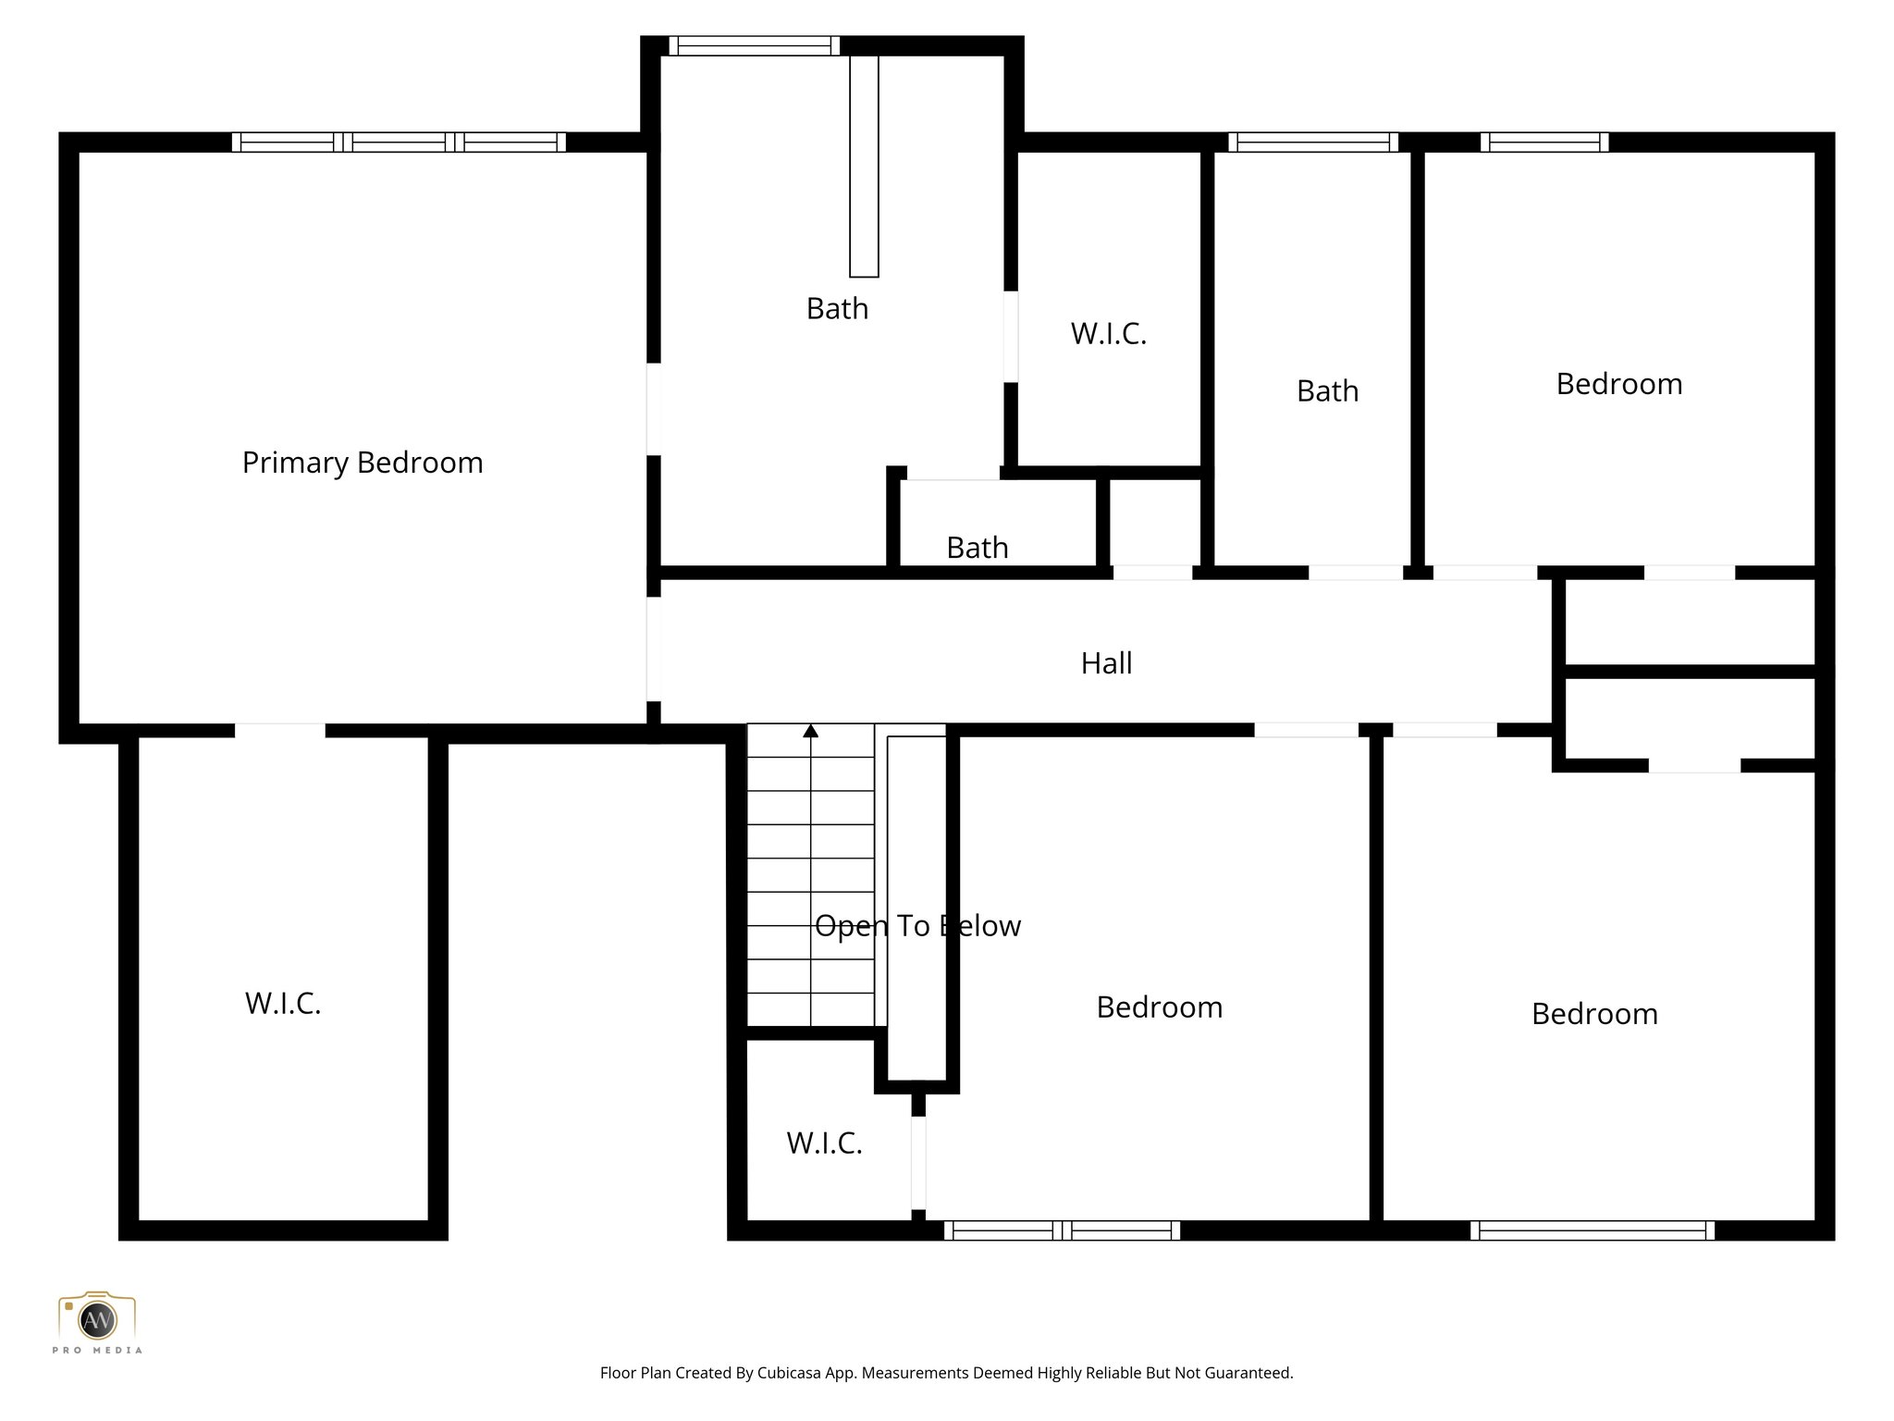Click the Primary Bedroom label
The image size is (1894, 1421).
point(363,463)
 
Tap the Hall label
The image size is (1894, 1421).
point(1106,663)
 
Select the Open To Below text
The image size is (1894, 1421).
point(917,926)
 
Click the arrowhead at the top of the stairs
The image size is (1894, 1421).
point(811,731)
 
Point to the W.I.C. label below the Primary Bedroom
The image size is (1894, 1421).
point(283,1004)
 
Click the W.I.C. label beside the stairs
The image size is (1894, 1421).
point(824,1143)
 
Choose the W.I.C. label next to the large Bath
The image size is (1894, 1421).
point(1108,334)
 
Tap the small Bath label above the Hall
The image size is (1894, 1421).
point(977,548)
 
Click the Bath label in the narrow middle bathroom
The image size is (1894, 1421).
point(1327,391)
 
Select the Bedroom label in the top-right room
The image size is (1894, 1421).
point(1618,384)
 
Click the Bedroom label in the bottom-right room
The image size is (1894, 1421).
point(1594,1014)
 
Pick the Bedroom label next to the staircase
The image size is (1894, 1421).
point(1159,1007)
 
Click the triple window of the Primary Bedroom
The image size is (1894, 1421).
point(399,142)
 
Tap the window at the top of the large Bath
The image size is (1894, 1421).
point(754,45)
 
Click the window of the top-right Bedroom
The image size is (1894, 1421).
point(1544,142)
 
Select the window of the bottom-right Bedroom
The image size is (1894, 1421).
point(1592,1230)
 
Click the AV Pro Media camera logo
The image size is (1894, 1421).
point(97,1319)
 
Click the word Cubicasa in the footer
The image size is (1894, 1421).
point(792,1373)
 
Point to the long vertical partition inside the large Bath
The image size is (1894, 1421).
point(864,167)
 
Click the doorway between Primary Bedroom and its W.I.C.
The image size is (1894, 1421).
point(279,731)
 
